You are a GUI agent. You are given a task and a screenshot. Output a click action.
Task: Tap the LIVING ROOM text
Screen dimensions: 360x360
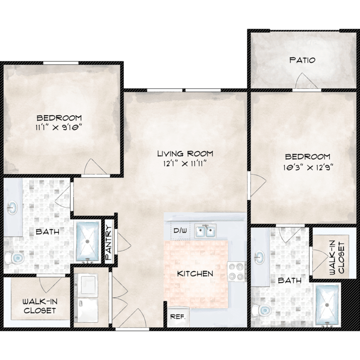click(185, 154)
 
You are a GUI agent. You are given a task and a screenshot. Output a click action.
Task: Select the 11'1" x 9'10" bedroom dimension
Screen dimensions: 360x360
click(59, 127)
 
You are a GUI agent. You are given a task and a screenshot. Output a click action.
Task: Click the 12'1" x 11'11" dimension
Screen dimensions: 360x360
click(185, 164)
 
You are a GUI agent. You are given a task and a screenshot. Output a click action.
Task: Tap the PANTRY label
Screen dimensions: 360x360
click(108, 243)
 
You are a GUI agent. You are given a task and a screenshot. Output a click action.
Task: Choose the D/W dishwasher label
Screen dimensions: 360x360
click(180, 230)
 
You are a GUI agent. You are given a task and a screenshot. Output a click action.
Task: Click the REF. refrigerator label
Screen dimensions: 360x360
click(178, 317)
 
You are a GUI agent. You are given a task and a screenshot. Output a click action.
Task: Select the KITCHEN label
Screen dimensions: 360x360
click(195, 274)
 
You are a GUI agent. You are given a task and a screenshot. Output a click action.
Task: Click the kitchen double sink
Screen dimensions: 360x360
click(205, 231)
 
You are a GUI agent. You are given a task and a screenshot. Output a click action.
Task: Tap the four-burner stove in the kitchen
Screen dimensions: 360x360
click(237, 271)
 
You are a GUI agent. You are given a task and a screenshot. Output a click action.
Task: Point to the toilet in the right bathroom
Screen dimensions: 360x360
click(262, 311)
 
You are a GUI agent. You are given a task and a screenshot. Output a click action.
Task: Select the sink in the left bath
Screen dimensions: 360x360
click(12, 207)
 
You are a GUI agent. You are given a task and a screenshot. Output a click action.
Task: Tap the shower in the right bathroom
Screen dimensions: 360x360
click(327, 305)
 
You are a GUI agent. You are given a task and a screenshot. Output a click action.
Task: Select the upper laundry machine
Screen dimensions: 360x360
click(86, 283)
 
